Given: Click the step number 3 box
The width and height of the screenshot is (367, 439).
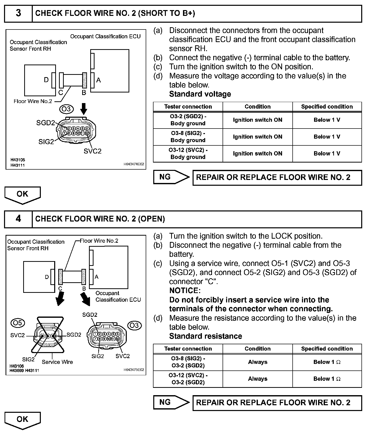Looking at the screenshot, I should pos(18,13).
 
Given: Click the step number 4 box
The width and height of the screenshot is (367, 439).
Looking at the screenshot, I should pos(18,219).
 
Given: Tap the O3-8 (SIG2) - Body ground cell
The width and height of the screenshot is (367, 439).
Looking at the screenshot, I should pos(188,137).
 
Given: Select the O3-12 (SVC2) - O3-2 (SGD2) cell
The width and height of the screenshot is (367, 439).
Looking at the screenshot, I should pos(188,379).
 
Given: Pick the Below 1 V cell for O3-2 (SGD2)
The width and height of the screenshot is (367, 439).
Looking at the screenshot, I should pos(327,120).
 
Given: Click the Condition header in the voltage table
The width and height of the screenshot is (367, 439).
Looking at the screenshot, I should pos(257,107).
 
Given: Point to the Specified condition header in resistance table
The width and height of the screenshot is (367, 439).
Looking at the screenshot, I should pos(327,349).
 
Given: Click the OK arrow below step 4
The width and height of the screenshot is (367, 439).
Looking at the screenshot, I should pos(22,420).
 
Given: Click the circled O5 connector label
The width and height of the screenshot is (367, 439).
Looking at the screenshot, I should pos(18,323).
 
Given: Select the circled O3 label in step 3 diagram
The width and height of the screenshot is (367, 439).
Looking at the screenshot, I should pos(66,109).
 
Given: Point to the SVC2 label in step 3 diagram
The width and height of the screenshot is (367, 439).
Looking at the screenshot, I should pos(93,151).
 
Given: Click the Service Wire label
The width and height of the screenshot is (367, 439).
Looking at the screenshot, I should pos(57,362).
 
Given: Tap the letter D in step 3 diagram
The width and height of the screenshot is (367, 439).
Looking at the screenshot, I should pos(46,80).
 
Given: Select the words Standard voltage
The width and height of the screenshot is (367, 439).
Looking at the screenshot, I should pos(200,94).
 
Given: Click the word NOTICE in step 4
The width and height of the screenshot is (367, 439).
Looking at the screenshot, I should pos(185,291).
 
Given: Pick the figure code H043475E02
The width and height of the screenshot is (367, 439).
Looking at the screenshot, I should pos(134,370).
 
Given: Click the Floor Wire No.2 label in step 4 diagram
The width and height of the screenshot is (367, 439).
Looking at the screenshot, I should pos(99,241).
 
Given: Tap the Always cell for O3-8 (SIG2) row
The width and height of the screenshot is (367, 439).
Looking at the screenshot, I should pos(257,362).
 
